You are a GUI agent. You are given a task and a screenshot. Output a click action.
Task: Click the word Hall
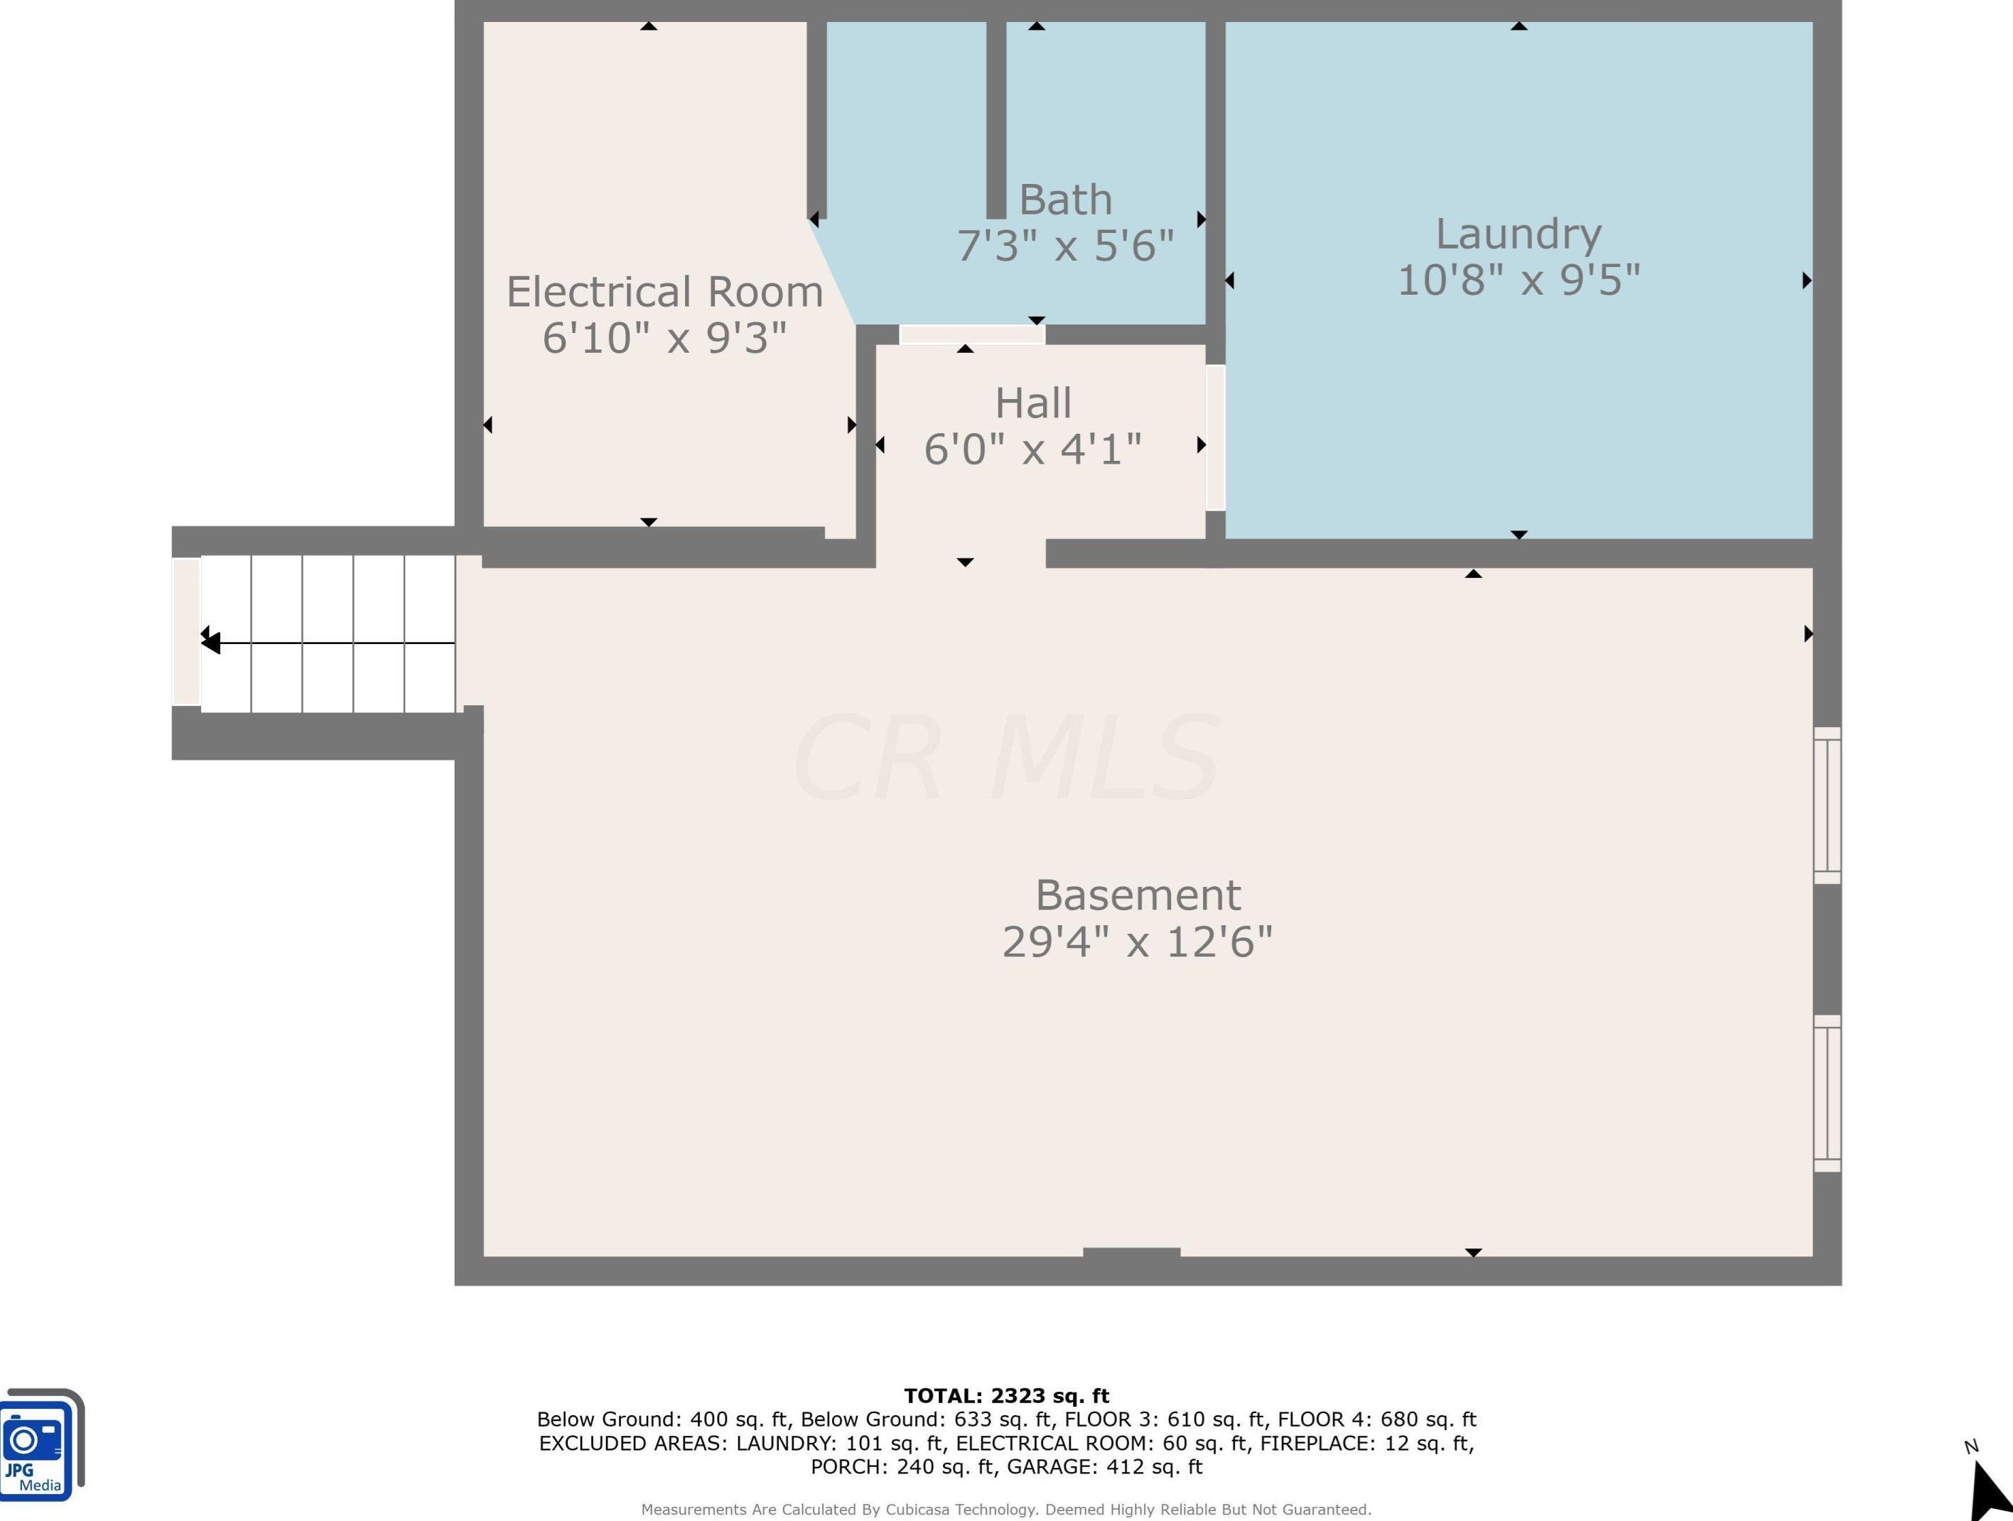pos(1033,403)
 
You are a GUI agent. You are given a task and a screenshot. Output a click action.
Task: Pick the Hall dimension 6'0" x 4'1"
pos(1033,449)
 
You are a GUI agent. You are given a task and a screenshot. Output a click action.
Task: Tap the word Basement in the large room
pos(1138,895)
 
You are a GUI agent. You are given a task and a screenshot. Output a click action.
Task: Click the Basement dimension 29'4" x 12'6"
pos(1138,942)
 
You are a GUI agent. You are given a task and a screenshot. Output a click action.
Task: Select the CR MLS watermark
pos(1005,758)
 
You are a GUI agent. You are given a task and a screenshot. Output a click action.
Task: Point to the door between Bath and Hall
pos(972,334)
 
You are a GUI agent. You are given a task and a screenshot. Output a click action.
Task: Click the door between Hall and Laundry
pos(1216,437)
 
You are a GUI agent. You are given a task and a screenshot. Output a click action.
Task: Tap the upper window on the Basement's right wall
pos(1828,805)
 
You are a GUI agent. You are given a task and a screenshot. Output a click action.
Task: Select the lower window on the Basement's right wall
pos(1828,1093)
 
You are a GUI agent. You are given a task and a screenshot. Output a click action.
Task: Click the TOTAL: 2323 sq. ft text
pos(1006,1395)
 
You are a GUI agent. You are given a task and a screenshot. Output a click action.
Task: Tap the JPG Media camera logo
pos(42,1444)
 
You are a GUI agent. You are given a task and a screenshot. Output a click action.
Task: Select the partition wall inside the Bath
pos(996,119)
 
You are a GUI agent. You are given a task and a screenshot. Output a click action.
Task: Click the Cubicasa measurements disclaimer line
pos(1006,1509)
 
